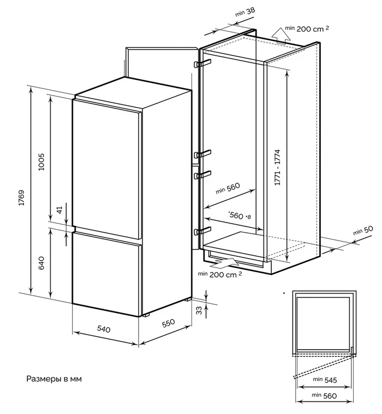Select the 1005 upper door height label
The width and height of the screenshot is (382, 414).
click(x=41, y=162)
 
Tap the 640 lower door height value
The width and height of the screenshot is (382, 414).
click(x=41, y=263)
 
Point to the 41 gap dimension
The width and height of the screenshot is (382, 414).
click(x=60, y=210)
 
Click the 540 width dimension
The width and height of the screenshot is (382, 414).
click(x=104, y=329)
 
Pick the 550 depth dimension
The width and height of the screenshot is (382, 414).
click(x=168, y=323)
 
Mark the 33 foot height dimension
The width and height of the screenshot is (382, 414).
click(x=200, y=310)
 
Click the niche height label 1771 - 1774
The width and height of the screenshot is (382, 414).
click(x=277, y=167)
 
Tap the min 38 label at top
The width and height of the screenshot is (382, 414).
click(x=245, y=12)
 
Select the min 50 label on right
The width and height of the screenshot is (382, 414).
click(x=363, y=231)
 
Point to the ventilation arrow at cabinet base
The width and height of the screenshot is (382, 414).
click(x=225, y=262)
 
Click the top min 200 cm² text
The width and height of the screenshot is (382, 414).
click(x=307, y=28)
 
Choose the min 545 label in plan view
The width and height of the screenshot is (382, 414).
click(x=325, y=380)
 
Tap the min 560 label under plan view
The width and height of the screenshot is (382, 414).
click(x=324, y=395)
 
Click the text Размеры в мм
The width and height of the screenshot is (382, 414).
click(x=54, y=379)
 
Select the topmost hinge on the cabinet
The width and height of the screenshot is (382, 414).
click(x=202, y=63)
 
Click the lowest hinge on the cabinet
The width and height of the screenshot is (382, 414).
click(x=202, y=231)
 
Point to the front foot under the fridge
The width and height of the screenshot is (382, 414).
click(x=146, y=315)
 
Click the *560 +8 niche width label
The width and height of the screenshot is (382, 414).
click(x=240, y=215)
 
